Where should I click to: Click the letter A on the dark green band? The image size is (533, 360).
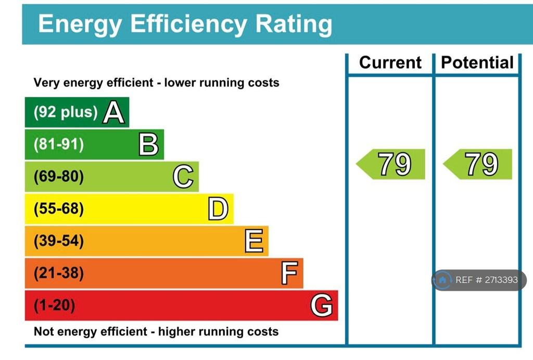coord(114,112)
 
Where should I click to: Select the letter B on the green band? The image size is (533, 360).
coord(148,144)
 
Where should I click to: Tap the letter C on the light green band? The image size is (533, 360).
coord(183,176)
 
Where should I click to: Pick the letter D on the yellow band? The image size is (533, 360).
coord(218,208)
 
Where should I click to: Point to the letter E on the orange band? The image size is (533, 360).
coord(254,241)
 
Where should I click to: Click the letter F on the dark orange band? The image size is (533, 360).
coord(289,273)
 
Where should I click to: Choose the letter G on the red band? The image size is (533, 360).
coord(322,305)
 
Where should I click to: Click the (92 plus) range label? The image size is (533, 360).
coord(66,112)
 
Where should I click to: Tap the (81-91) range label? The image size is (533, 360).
coord(59,144)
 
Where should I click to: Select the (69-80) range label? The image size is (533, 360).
coord(59,176)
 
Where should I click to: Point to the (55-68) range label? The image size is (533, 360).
coord(59,208)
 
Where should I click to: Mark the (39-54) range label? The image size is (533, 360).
coord(59,241)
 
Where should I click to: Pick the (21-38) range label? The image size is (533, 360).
coord(59,273)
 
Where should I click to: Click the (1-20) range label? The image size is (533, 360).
coord(54,305)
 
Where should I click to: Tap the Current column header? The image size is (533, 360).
coord(390,63)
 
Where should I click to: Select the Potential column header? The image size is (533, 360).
coord(477,63)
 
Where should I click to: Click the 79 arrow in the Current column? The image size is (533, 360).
coord(390,164)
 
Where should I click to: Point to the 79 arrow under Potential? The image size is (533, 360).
coord(478,164)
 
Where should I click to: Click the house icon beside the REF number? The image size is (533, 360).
coord(442,280)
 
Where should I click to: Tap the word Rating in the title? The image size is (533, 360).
coord(294,24)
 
